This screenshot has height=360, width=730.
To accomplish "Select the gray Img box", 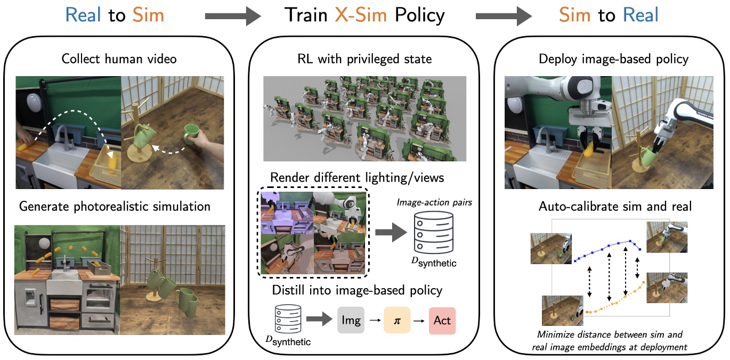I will point(351,321).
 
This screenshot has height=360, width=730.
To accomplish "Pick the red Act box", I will point(442,321).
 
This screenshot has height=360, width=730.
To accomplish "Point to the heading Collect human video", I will point(119,59).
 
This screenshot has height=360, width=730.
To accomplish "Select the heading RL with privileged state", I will point(365,59).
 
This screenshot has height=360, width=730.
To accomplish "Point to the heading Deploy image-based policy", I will point(612,59).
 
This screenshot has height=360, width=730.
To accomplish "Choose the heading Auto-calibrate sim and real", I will point(612,206).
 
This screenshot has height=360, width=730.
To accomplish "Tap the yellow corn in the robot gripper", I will point(588,152).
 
